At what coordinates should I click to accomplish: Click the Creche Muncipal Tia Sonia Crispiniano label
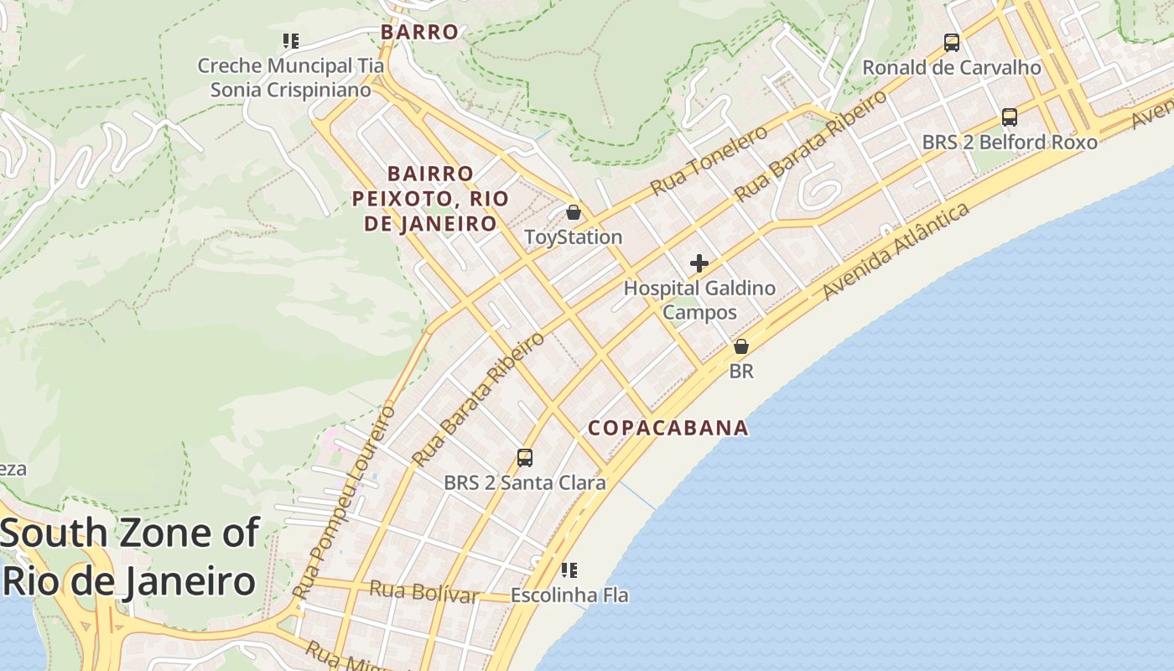290,77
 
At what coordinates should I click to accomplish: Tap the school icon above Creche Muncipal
290,40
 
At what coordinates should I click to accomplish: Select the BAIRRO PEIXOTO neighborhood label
430,199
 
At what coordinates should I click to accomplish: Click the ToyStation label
574,237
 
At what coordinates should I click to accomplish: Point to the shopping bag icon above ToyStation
574,212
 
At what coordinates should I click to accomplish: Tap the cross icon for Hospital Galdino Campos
699,264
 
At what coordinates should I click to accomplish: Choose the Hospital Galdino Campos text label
699,300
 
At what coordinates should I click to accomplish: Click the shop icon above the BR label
741,346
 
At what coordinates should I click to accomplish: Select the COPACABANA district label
668,428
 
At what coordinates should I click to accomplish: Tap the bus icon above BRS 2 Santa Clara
525,458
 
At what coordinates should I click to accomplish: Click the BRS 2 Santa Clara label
525,483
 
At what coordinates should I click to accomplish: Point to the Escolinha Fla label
569,596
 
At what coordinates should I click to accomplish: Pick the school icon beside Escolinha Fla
569,571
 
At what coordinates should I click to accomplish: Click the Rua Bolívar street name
423,591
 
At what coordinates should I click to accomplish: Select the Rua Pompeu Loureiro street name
345,503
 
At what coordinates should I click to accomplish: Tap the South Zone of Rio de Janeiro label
130,557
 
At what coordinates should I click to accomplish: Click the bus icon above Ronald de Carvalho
952,42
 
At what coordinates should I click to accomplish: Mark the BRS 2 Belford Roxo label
1010,143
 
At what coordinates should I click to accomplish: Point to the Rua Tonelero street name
709,160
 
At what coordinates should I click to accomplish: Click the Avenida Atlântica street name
896,250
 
